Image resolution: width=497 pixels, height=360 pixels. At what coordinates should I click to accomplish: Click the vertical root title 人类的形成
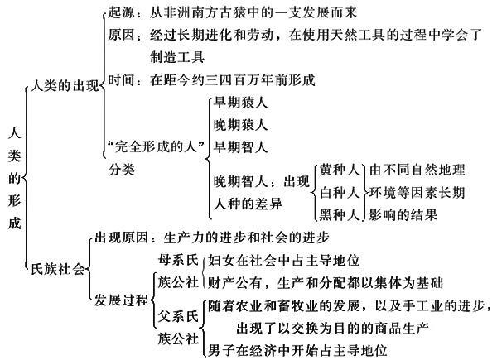14,178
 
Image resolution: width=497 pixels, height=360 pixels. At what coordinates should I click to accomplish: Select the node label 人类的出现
65,85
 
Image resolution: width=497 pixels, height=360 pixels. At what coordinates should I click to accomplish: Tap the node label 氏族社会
58,269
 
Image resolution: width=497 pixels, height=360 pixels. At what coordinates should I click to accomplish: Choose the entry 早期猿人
240,103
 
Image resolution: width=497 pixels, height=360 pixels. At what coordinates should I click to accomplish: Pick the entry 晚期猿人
240,125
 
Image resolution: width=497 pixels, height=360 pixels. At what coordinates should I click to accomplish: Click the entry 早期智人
240,147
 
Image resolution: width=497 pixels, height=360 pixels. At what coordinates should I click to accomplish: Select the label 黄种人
340,170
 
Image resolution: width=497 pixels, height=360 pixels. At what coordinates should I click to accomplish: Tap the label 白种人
340,192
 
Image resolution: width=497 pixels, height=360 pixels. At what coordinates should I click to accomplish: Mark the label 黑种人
340,214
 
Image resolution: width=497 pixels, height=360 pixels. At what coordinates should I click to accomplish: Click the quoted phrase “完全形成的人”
156,146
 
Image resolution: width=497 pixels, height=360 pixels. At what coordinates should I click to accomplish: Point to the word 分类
122,170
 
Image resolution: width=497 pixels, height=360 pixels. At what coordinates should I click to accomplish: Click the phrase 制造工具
177,57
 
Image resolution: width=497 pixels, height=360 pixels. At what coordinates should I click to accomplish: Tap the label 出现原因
122,238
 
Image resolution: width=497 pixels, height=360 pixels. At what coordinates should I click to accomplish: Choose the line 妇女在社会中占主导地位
284,260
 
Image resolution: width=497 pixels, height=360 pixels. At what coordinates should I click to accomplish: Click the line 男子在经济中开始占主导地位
297,351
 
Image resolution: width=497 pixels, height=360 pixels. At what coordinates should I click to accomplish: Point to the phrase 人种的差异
248,204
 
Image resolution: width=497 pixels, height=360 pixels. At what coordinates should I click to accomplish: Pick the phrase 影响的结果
403,214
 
